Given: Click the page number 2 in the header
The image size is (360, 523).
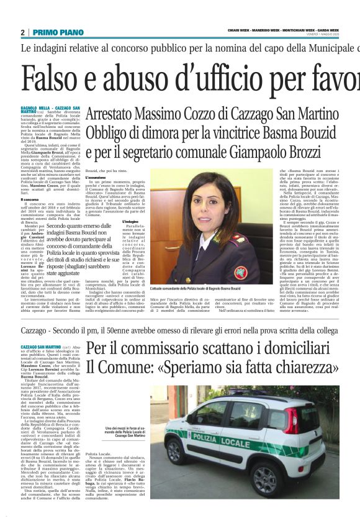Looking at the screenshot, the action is [22, 32].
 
